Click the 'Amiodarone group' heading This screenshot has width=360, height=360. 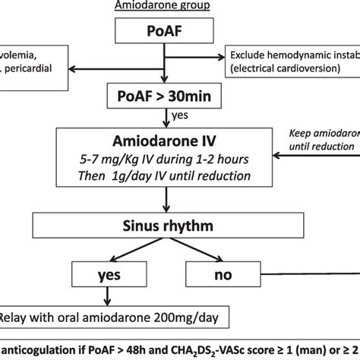coord(163,7)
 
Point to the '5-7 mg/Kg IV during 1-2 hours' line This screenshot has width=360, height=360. coord(166,161)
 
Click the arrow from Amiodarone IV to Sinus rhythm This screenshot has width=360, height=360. coord(166,201)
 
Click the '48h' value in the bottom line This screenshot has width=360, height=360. coord(138,350)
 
